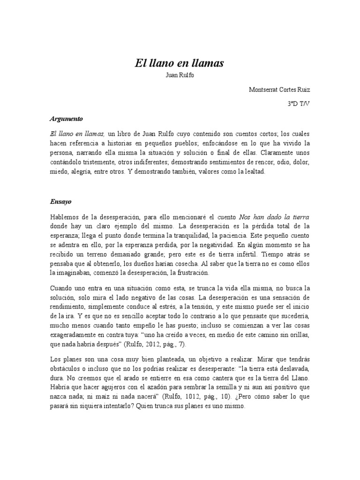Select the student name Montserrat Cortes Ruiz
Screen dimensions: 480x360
279,89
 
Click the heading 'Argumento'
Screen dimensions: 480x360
66,119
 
